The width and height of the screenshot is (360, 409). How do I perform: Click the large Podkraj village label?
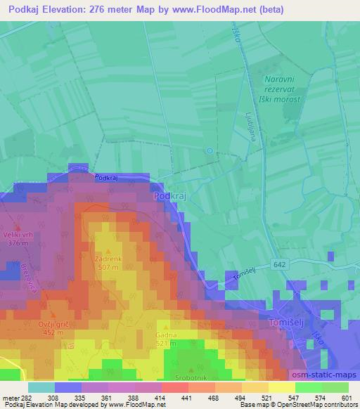(x=169, y=197)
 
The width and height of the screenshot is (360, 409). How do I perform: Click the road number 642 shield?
(x=281, y=264)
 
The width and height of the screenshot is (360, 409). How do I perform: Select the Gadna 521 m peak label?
(x=166, y=339)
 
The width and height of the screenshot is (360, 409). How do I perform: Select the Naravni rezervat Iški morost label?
(x=281, y=91)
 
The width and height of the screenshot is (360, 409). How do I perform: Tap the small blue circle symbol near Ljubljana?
(x=209, y=150)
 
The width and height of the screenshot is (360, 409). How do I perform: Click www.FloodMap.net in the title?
(x=247, y=8)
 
